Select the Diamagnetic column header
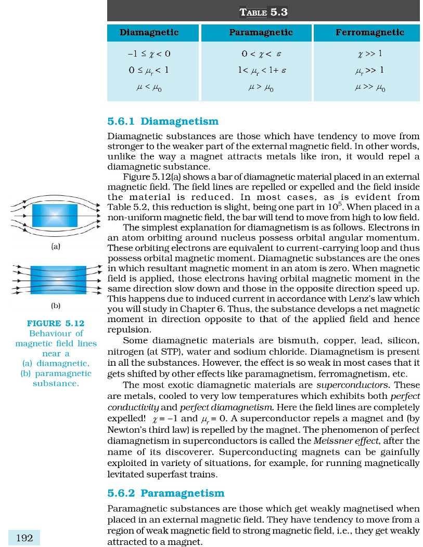tap(149, 32)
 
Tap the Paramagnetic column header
tap(261, 32)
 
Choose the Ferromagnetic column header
tap(370, 32)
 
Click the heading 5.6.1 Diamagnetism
tap(163, 122)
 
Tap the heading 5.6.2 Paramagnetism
tap(165, 493)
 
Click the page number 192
tap(24, 538)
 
